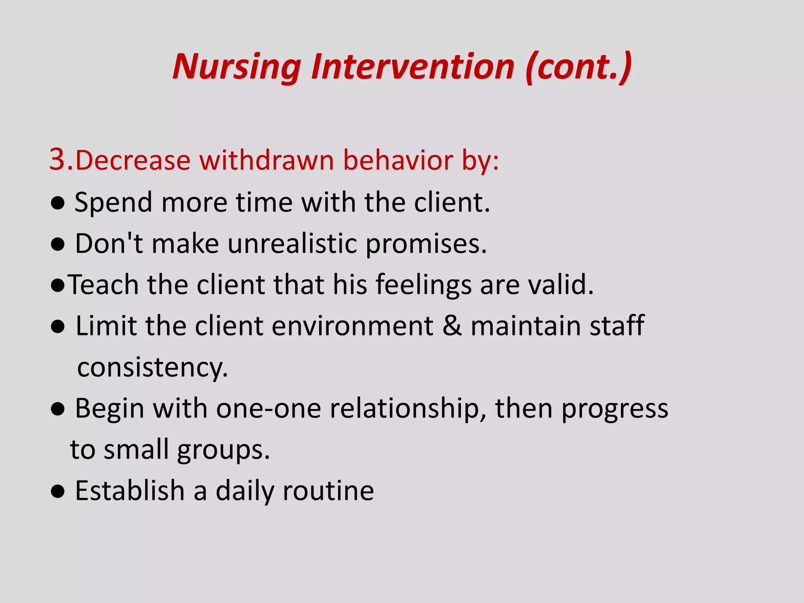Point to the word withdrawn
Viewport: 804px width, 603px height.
pos(267,161)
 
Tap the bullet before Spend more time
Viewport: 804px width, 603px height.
pos(58,203)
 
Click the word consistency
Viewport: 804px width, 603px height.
pos(152,368)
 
